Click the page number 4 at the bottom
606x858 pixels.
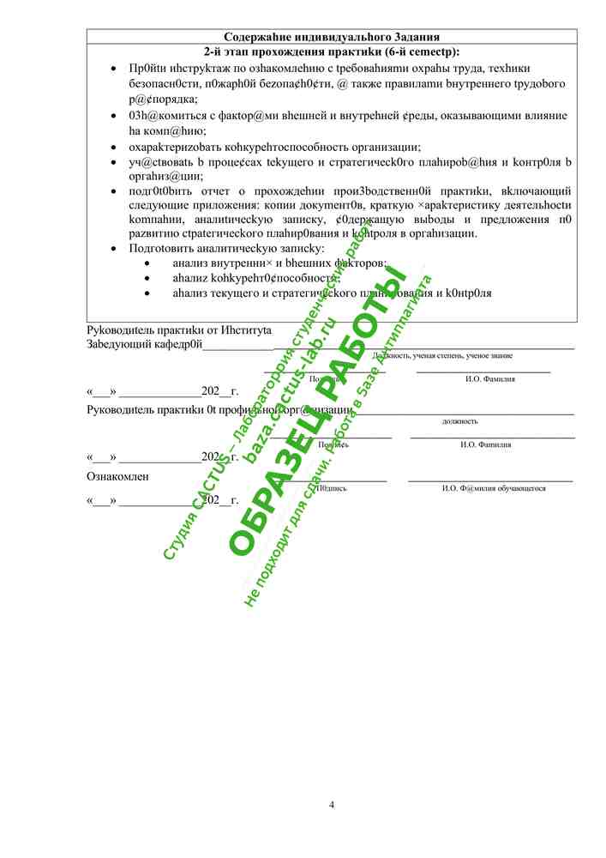[332, 804]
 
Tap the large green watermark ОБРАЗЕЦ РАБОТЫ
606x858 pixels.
[316, 411]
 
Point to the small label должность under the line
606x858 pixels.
[459, 421]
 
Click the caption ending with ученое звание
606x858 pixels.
[442, 355]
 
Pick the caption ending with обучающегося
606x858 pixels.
[494, 488]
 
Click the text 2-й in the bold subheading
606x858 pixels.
[215, 51]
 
